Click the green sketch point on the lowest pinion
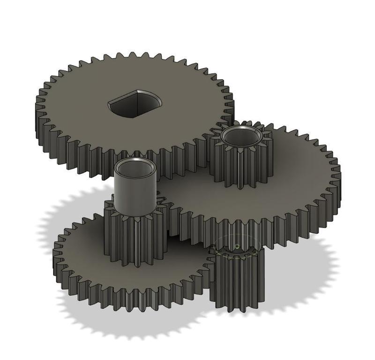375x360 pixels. click(237, 246)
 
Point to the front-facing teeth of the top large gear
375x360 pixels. click(117, 160)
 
